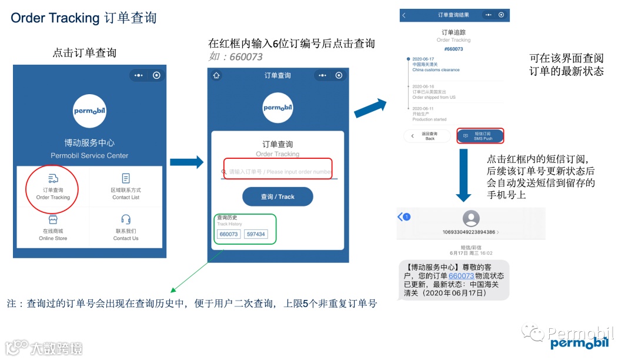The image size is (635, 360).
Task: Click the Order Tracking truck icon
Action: [53, 178]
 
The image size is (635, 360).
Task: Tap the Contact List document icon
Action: [126, 178]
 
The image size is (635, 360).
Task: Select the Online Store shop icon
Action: [53, 219]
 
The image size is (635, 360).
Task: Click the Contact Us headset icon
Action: [126, 219]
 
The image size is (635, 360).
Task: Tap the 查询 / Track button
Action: [278, 196]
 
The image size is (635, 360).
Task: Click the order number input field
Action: [278, 171]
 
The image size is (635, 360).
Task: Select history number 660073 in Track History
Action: [228, 234]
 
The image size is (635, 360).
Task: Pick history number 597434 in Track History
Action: [256, 234]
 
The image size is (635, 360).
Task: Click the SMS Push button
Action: [480, 136]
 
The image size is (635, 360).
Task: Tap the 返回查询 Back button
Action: [427, 136]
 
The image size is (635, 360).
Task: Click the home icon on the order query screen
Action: [217, 75]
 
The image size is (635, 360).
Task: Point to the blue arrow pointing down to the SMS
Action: [464, 175]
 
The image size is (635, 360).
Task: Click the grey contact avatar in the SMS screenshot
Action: [471, 218]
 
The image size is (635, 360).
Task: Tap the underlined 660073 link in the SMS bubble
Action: [461, 275]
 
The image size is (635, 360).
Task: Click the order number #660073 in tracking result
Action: [453, 49]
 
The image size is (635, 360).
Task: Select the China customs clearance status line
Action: [436, 70]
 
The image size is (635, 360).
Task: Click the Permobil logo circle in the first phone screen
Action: [89, 111]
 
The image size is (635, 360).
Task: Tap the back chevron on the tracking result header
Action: [404, 15]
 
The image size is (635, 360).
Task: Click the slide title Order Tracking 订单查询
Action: [83, 18]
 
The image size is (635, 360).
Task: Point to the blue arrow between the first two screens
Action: [186, 162]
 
